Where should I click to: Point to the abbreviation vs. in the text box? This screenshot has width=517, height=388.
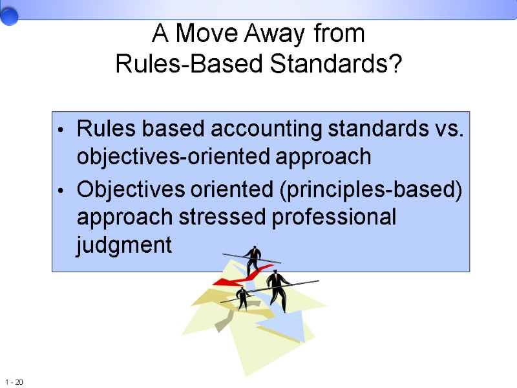[x=447, y=129]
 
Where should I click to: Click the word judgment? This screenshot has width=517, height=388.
[x=124, y=246]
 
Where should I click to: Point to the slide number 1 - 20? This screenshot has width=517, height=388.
[x=14, y=382]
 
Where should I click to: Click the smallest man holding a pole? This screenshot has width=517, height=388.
[x=242, y=298]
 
